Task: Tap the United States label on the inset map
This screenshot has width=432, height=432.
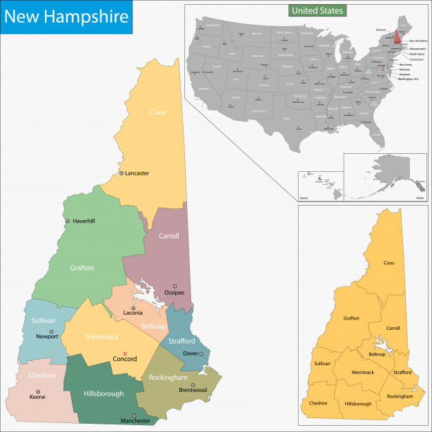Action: coord(317,11)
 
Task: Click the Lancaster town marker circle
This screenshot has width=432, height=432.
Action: coord(121,173)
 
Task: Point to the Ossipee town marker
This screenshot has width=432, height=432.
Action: coord(175,286)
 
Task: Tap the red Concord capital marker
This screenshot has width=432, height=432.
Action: coord(116,353)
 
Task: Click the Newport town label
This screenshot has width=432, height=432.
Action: coord(48,337)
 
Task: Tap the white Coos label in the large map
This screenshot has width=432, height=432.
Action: coord(157,112)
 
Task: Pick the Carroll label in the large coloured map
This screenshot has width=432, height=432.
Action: coord(168,236)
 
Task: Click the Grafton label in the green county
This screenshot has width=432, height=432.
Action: coord(81,268)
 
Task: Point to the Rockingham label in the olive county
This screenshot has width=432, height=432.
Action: coord(168,377)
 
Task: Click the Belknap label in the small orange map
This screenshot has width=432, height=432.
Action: coord(377,354)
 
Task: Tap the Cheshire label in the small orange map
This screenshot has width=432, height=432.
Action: coord(318,403)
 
